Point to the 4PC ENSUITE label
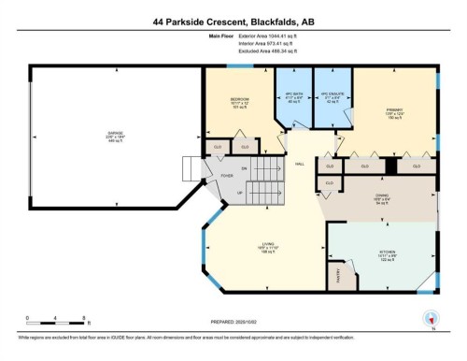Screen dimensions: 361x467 tap(327, 95)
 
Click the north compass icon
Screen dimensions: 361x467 tap(431, 317)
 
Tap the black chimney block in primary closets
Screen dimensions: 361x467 tap(393, 166)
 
